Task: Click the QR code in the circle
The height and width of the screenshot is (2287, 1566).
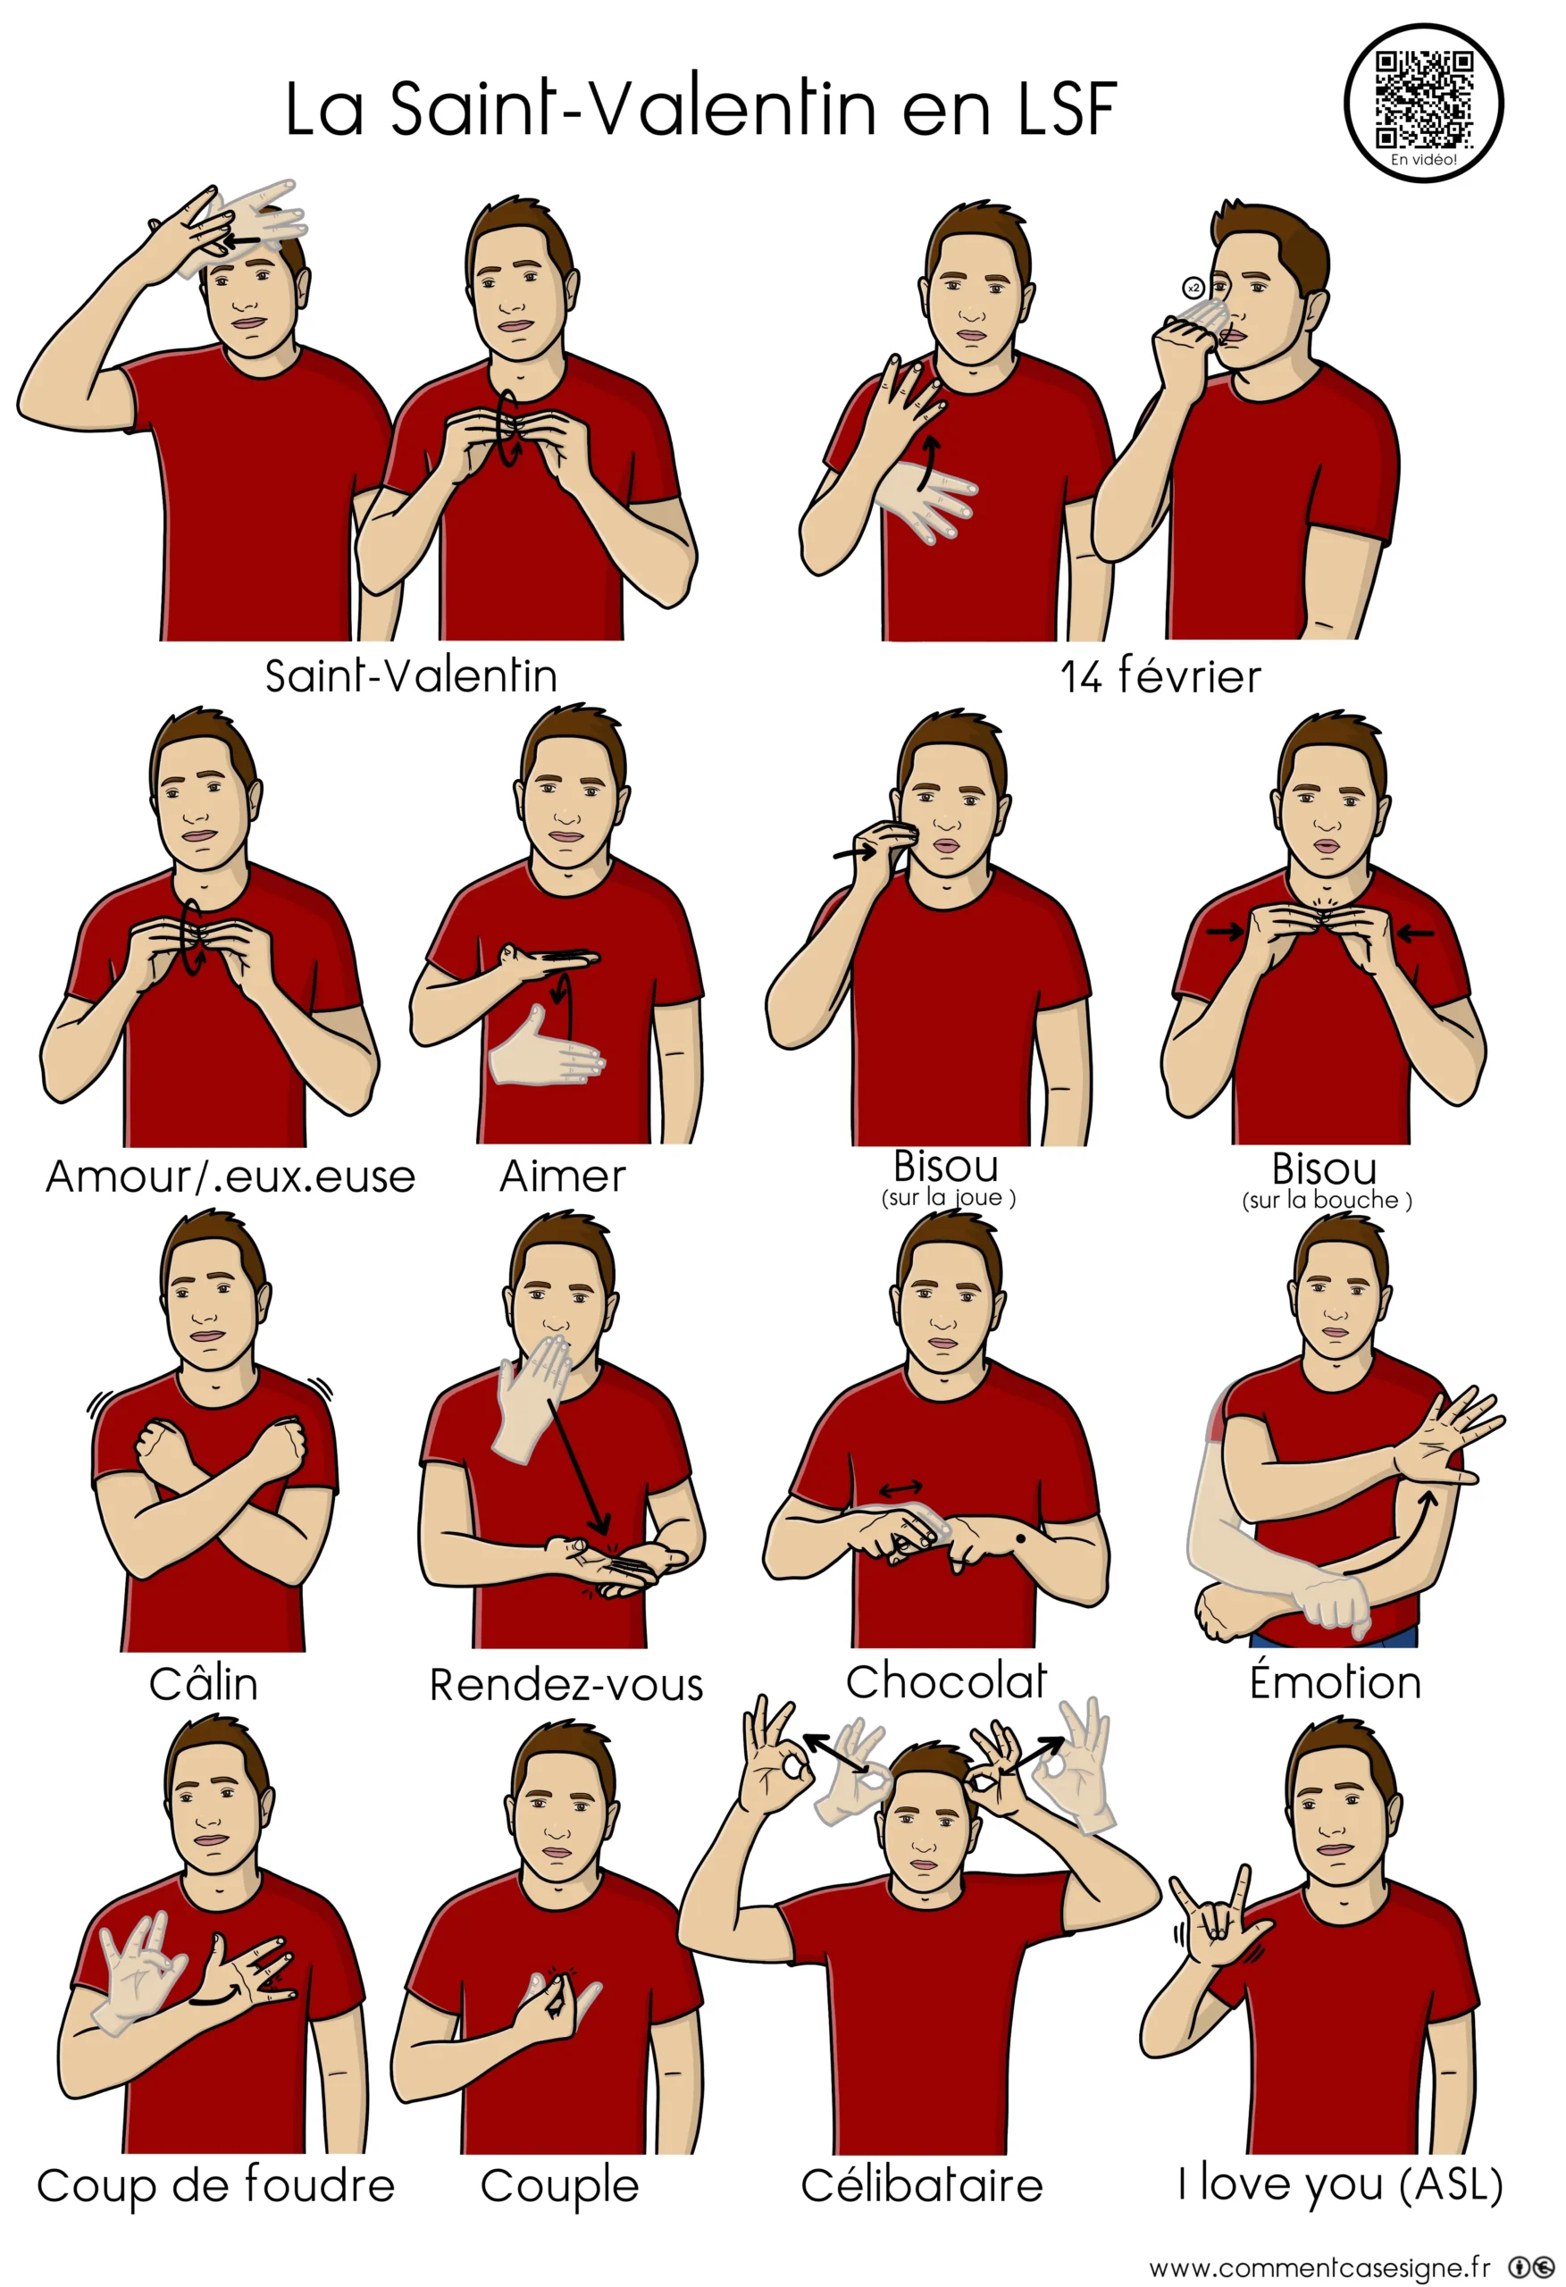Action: pos(1423,98)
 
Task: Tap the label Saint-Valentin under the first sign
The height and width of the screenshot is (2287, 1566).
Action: pos(412,676)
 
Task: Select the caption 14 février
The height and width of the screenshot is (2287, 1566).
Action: pos(1160,676)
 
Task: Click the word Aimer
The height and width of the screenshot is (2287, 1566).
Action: pos(562,1176)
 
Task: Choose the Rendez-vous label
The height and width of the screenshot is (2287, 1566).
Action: pos(566,1684)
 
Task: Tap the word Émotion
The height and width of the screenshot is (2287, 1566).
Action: pos(1335,1680)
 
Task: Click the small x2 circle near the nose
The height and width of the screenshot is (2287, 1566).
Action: pos(1193,289)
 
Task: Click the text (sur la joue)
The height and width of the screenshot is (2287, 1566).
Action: pos(949,1198)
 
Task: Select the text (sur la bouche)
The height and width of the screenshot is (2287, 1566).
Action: pos(1327,1200)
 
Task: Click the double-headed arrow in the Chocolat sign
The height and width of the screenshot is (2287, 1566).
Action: pos(900,1489)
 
